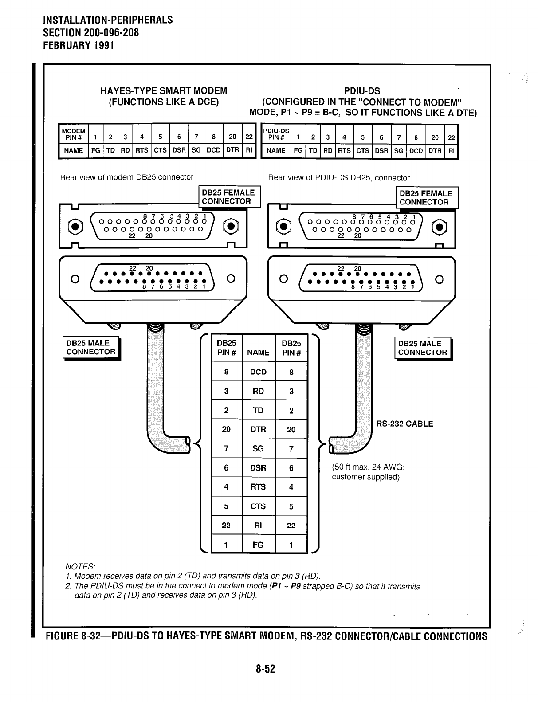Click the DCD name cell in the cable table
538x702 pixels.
tap(258, 372)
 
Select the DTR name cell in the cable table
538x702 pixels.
tap(258, 429)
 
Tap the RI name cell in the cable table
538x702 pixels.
tap(258, 526)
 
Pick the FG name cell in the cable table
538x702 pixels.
tap(258, 545)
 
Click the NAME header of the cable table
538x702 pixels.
tap(258, 353)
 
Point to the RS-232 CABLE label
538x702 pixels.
tap(404, 424)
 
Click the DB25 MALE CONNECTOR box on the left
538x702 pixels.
tap(91, 348)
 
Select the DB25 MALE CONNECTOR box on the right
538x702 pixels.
tap(423, 348)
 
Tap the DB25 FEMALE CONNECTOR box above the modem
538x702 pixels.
tap(228, 197)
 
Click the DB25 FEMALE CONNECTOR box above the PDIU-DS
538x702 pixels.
tap(426, 198)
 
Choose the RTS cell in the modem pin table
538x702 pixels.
tap(141, 150)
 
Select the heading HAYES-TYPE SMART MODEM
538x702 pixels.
tap(164, 91)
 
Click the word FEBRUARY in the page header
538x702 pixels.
tap(63, 45)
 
